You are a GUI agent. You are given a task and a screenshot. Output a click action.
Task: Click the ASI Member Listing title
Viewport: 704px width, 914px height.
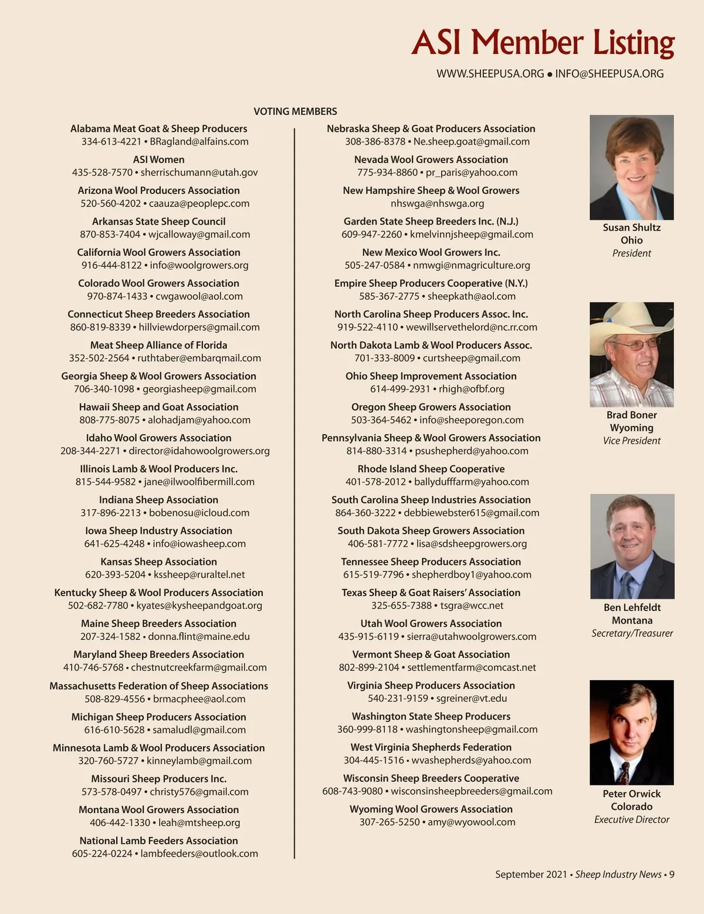[543, 43]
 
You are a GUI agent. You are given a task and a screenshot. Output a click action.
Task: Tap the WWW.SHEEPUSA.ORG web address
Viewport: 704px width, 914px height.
[490, 74]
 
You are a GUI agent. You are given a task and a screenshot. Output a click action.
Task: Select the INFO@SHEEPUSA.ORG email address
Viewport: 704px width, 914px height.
[609, 74]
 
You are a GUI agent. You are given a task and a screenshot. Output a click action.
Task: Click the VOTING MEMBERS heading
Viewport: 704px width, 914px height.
[295, 111]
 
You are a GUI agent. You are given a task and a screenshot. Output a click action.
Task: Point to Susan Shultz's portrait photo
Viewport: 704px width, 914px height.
[631, 167]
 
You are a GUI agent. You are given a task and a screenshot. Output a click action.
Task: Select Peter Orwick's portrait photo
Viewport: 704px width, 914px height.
[631, 732]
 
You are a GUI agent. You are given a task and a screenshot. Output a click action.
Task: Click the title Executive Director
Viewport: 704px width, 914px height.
[631, 820]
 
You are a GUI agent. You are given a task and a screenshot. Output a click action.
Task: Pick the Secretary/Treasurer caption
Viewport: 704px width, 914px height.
[632, 634]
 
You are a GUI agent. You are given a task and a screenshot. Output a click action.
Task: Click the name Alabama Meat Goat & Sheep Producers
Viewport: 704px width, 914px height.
[158, 128]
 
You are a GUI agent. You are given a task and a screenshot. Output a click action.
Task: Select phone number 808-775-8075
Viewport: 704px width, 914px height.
[110, 420]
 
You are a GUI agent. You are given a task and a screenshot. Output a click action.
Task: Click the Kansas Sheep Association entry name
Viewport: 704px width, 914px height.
[158, 561]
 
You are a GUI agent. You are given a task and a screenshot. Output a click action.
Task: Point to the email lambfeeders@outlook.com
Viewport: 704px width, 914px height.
[199, 854]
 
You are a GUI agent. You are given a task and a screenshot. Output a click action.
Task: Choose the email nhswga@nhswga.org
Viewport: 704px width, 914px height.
[437, 204]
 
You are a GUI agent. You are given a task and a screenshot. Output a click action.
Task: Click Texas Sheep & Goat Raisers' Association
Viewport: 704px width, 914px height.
[431, 593]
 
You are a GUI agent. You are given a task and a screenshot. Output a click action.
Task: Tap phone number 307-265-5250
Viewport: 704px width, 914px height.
[390, 822]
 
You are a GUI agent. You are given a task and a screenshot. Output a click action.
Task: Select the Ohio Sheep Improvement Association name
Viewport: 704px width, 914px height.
[431, 376]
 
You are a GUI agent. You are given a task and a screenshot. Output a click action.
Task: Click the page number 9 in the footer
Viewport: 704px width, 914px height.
[672, 874]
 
